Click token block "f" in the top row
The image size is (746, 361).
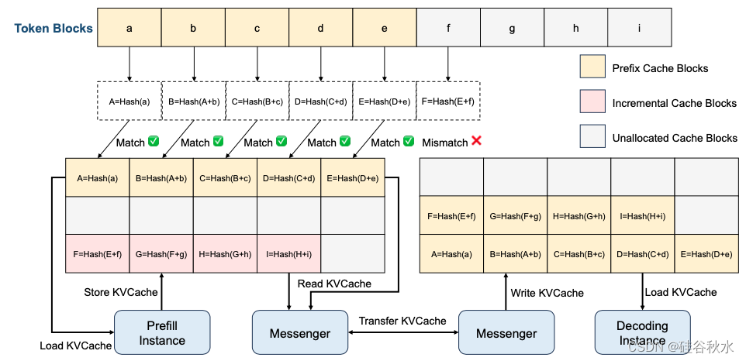448,28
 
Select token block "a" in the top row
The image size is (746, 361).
130,28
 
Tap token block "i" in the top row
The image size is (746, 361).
639,28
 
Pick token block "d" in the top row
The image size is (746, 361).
320,28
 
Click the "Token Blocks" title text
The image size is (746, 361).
54,29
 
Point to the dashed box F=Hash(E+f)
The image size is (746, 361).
448,101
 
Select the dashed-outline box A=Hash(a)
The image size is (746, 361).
130,101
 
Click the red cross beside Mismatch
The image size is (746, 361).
476,143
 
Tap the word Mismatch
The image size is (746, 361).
445,143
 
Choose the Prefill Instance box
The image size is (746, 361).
162,333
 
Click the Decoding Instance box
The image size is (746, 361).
642,333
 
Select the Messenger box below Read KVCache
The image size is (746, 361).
299,334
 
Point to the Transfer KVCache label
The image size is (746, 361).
402,321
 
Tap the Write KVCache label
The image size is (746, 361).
547,292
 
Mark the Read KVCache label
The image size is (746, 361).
334,284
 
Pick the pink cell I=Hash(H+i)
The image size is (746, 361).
288,253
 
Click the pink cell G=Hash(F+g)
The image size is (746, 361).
161,253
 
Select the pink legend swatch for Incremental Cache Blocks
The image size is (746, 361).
592,103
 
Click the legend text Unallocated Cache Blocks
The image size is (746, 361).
675,138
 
